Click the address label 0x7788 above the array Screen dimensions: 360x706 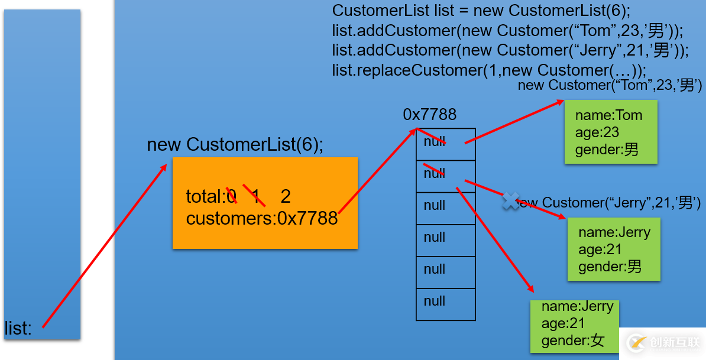coord(429,115)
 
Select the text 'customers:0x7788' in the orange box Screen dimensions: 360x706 coord(261,219)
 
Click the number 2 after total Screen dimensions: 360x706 coord(286,196)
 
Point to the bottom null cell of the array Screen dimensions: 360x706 coord(445,304)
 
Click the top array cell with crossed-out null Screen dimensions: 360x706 coord(445,144)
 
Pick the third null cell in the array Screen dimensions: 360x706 coord(445,208)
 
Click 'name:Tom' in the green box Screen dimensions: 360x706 coord(608,115)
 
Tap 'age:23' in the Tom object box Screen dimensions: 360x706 coord(597,132)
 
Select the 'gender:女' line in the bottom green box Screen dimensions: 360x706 coord(573,340)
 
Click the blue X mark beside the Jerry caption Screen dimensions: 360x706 coord(510,201)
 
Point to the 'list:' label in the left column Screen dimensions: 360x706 coord(18,329)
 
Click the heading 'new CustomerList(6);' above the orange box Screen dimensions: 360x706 coord(235,145)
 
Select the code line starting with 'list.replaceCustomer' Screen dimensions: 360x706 coord(488,70)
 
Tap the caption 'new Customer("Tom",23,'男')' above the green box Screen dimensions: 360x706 coord(609,85)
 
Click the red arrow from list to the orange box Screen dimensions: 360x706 coord(104,246)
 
